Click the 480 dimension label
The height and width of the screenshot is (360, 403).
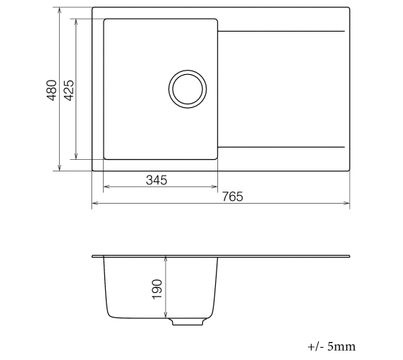point(52,90)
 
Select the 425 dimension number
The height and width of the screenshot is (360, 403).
point(68,90)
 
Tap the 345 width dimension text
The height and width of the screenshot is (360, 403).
point(157,180)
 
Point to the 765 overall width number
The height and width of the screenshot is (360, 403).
point(232,197)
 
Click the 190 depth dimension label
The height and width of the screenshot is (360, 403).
point(157,289)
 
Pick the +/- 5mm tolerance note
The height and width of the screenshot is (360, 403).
point(332,346)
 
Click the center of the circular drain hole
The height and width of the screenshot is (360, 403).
point(188,89)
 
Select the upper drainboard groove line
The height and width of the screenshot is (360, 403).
point(281,32)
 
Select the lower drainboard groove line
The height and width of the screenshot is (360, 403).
point(281,148)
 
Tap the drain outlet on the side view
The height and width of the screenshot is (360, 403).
point(188,322)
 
